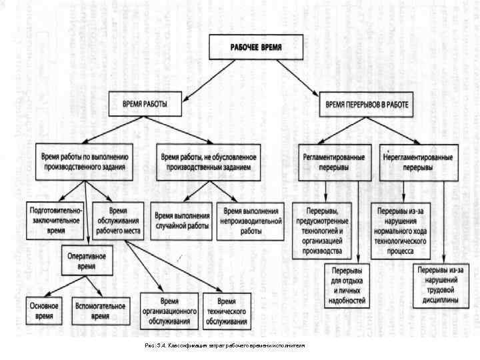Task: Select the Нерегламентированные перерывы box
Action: [419, 162]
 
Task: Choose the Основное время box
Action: [44, 310]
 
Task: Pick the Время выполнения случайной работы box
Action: [182, 221]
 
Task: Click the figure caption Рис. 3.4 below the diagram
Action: [223, 347]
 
